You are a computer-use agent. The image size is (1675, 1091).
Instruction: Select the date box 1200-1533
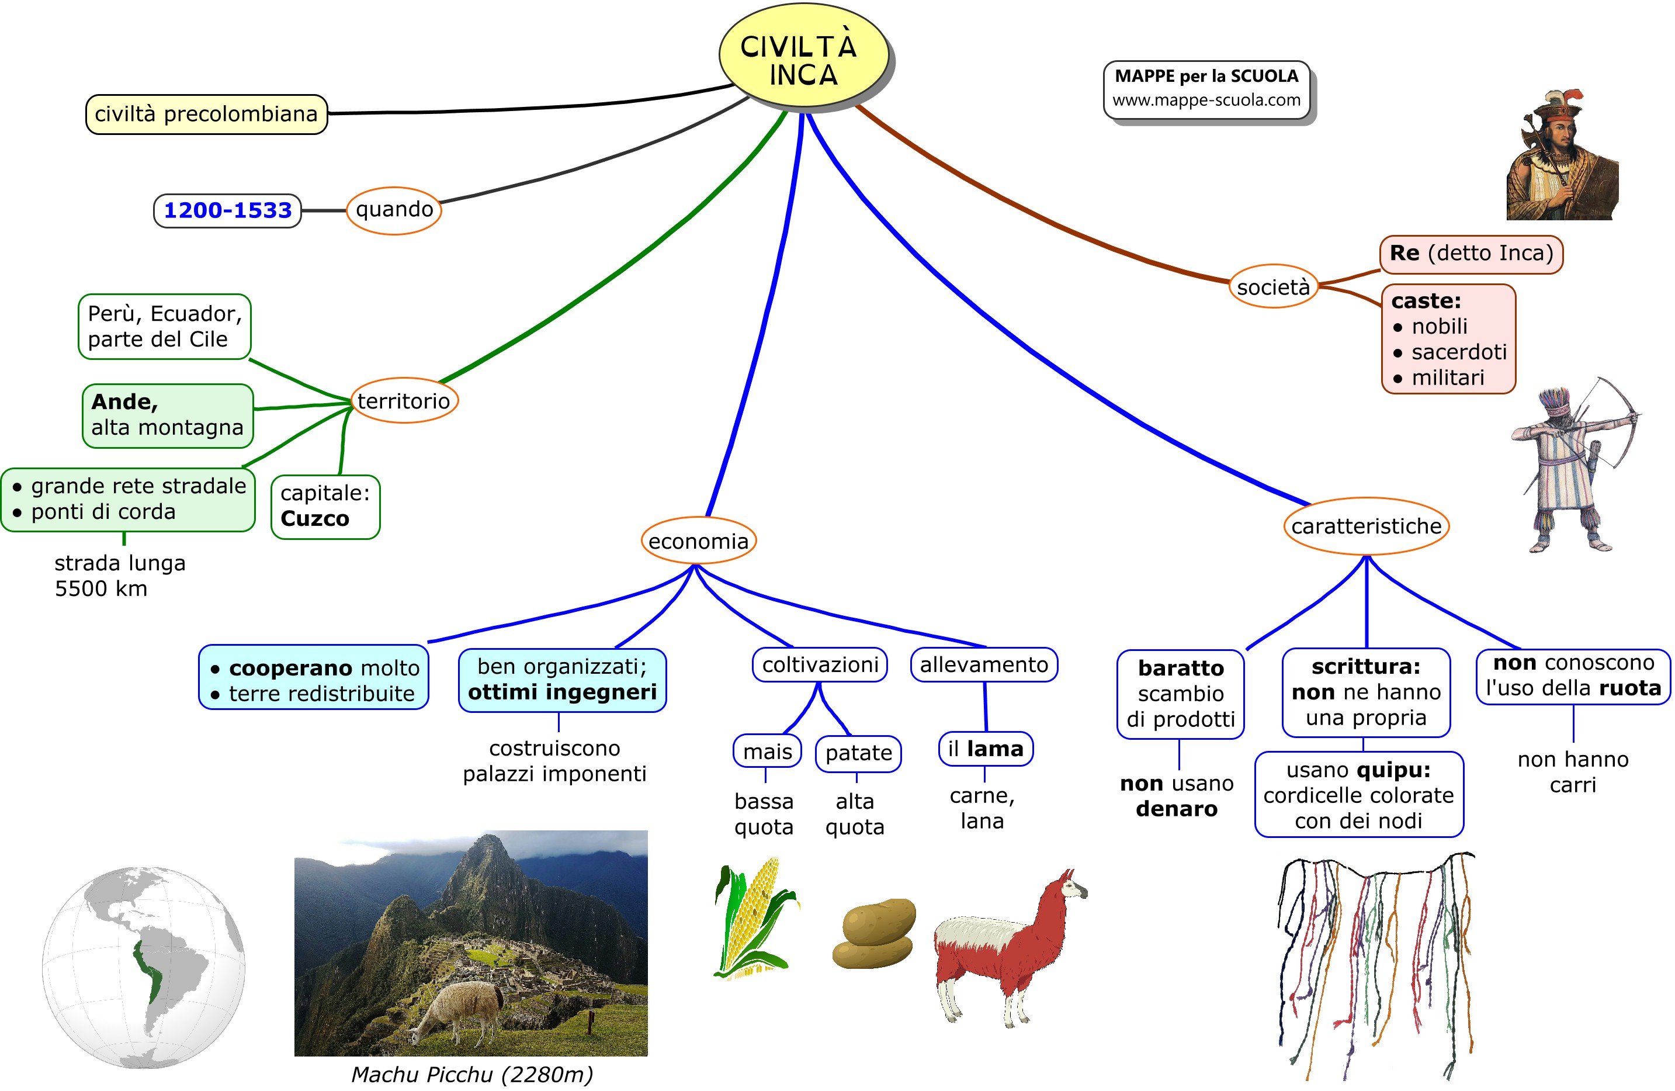tap(227, 210)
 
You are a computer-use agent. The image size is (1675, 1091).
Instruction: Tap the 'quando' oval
tap(394, 210)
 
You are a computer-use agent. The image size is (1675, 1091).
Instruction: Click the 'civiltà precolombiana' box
tap(206, 114)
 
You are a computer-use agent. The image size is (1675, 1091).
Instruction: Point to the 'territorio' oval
tap(404, 400)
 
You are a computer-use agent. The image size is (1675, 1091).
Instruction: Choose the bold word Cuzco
tap(314, 519)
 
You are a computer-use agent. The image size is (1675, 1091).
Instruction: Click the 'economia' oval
tap(698, 541)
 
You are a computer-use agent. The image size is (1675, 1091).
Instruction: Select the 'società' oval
tap(1273, 286)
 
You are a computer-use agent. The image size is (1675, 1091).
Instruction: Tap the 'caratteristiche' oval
tap(1366, 526)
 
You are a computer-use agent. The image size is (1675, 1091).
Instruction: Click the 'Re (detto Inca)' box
tap(1471, 254)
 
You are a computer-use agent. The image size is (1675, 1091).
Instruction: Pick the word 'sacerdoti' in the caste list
tap(1458, 352)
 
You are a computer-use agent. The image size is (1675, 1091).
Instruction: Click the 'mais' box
tap(767, 751)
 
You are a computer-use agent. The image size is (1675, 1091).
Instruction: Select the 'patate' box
tap(858, 753)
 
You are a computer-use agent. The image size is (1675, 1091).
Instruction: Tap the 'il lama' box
tap(985, 749)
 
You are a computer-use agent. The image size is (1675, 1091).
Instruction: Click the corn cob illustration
tap(754, 919)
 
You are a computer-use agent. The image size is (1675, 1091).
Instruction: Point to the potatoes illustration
tap(875, 933)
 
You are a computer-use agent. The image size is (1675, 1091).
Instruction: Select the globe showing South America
tap(144, 968)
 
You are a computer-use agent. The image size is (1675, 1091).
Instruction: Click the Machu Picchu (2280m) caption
tap(472, 1074)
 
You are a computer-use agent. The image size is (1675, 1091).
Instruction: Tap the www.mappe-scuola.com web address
tap(1206, 100)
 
